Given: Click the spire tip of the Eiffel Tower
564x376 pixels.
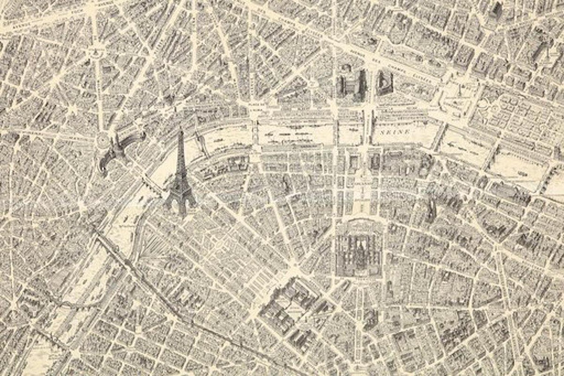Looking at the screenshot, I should (x=181, y=130).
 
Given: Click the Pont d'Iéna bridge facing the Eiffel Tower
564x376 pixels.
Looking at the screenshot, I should (x=152, y=184).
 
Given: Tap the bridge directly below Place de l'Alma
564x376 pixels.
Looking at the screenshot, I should (x=256, y=132).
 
